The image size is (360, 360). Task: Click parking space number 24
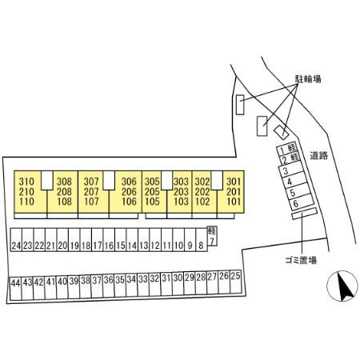click(16, 239)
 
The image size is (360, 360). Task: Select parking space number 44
click(15, 289)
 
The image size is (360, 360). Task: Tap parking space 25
click(235, 282)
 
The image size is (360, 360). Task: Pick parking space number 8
click(202, 239)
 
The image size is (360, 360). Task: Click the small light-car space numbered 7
click(212, 236)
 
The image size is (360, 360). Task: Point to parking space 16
click(109, 239)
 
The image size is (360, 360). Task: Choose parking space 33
click(143, 285)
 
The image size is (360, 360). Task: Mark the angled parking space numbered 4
click(293, 181)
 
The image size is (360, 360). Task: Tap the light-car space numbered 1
click(287, 149)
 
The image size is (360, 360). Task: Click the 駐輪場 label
click(308, 79)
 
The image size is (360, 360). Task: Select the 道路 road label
click(319, 155)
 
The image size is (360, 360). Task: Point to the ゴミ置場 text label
click(301, 260)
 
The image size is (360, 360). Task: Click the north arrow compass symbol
click(342, 286)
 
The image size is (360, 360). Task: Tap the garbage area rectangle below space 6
click(305, 214)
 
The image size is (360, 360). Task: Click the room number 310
click(26, 182)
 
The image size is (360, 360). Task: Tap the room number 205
click(152, 191)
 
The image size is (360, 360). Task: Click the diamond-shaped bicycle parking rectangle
click(281, 132)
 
